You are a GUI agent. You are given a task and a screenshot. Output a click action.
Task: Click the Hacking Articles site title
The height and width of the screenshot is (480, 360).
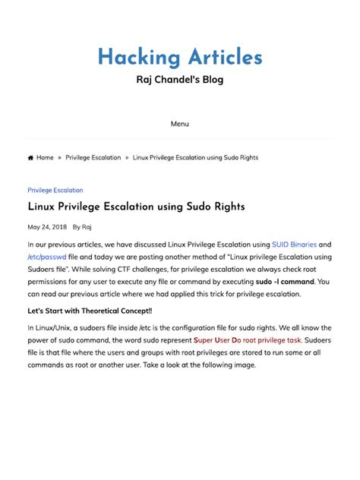(x=180, y=58)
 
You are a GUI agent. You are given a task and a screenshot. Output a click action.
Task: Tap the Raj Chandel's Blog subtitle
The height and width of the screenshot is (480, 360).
(x=180, y=80)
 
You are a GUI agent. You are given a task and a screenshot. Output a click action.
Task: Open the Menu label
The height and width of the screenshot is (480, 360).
(x=180, y=124)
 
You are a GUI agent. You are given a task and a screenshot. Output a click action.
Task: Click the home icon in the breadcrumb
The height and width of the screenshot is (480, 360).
(x=30, y=158)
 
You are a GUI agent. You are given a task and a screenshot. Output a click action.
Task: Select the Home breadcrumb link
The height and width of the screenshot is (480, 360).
(x=45, y=158)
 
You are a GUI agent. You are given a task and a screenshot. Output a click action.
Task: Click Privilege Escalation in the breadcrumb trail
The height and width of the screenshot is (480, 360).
(x=93, y=158)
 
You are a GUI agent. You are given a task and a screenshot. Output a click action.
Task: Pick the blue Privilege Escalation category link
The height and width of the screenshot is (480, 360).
(x=55, y=191)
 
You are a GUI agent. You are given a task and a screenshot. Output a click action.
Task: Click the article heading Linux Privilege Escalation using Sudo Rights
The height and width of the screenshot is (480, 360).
(x=136, y=207)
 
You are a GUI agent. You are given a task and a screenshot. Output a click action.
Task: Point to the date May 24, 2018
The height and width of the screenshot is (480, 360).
(x=47, y=227)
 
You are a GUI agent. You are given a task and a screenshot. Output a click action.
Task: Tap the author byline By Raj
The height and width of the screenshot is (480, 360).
(x=82, y=227)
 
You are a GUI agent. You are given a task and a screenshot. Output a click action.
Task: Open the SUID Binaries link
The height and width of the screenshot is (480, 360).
(x=294, y=245)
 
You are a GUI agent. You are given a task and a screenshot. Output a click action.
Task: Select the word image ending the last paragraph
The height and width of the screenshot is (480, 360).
(x=244, y=365)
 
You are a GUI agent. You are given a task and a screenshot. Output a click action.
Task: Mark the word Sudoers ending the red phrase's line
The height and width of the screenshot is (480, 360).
(x=319, y=340)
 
